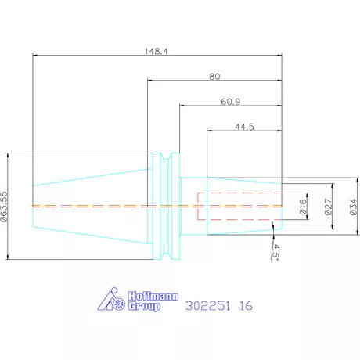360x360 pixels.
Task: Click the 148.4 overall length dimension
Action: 157,51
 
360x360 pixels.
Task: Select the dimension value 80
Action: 214,77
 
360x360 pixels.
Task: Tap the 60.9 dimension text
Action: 231,102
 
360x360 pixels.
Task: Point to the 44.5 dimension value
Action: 244,127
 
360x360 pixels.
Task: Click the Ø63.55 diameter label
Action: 5,207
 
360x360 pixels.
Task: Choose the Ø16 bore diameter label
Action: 303,207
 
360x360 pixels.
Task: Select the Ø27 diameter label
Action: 329,207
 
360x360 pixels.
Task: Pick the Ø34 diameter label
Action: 353,207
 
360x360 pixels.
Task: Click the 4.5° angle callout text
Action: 275,252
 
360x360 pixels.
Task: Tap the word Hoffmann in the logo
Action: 153,296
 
